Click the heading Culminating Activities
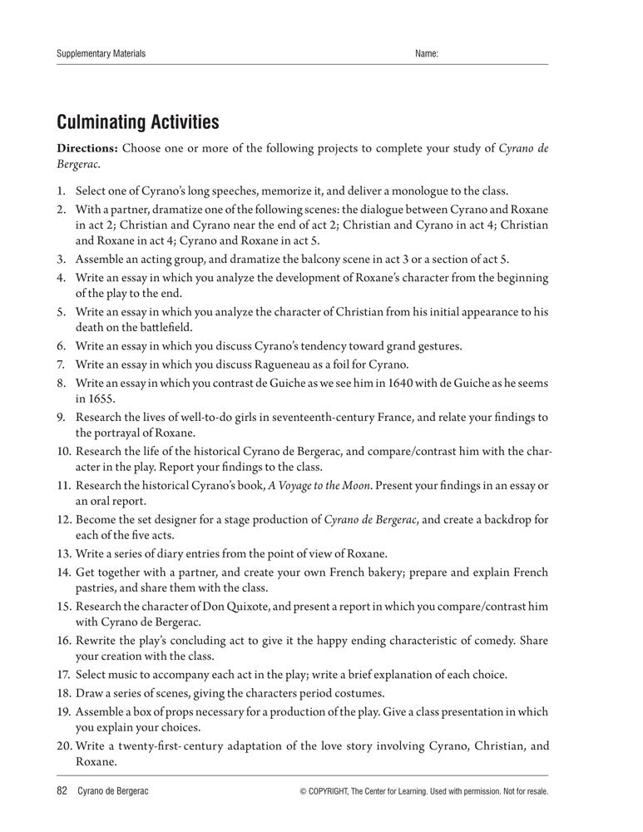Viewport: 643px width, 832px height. (137, 123)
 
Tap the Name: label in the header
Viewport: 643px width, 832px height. (426, 54)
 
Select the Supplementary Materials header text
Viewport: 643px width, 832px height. (101, 54)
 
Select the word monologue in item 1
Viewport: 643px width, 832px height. (407, 191)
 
